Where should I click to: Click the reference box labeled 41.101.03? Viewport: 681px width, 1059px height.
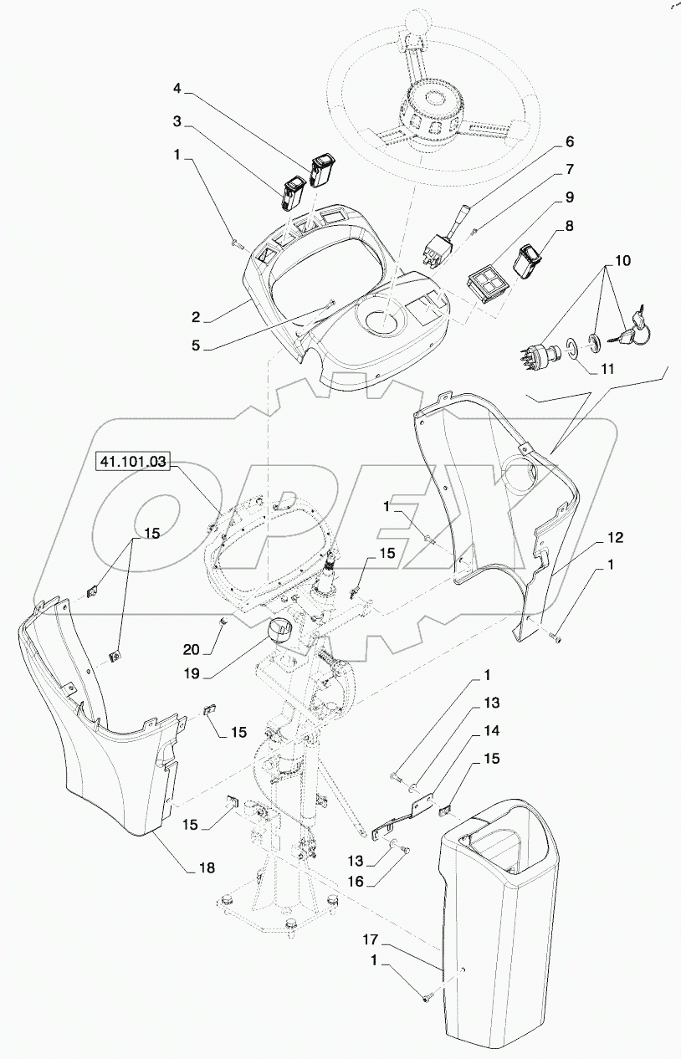tap(134, 461)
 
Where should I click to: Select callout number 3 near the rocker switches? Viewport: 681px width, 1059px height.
tap(177, 121)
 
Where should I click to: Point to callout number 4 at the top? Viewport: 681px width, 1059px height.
tap(177, 87)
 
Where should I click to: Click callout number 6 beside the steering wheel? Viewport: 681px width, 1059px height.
tap(570, 142)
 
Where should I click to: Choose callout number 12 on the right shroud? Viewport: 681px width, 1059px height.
tap(615, 536)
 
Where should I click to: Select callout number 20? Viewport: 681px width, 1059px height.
tap(192, 647)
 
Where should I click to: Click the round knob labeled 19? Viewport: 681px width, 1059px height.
tap(283, 633)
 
